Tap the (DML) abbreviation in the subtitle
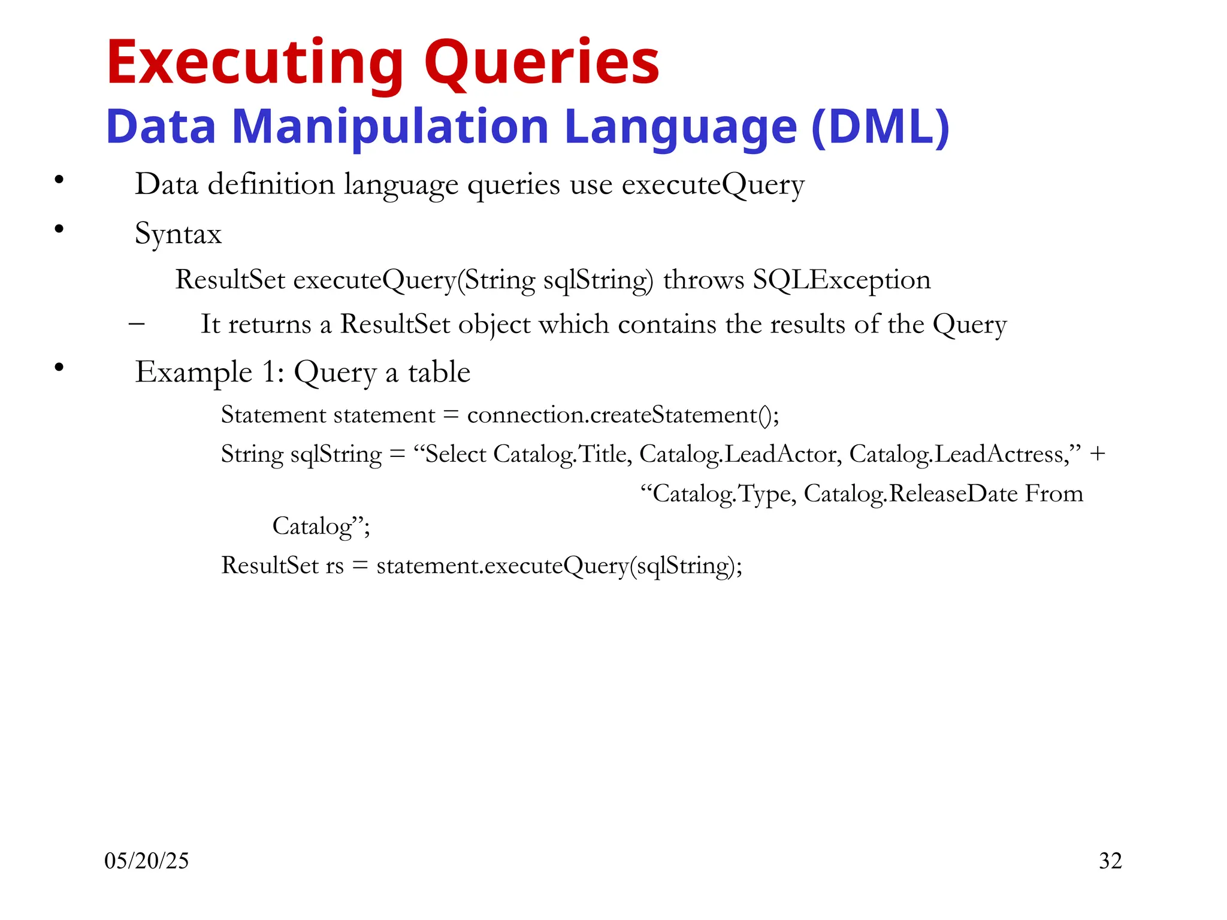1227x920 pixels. pyautogui.click(x=880, y=127)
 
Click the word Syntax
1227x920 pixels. pyautogui.click(x=178, y=234)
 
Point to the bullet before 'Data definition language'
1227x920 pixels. pyautogui.click(x=59, y=179)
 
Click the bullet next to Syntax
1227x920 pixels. pyautogui.click(x=59, y=228)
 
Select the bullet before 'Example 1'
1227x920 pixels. pyautogui.click(x=59, y=367)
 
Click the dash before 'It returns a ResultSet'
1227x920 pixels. pyautogui.click(x=137, y=324)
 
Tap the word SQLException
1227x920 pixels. pyautogui.click(x=842, y=280)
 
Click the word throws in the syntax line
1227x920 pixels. pyautogui.click(x=703, y=280)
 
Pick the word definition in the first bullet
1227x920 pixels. pyautogui.click(x=271, y=184)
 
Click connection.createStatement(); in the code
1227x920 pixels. pyautogui.click(x=623, y=415)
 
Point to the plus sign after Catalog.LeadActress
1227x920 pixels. pyautogui.click(x=1098, y=454)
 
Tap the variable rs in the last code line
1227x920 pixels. pyautogui.click(x=334, y=565)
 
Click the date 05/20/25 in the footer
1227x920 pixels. pyautogui.click(x=146, y=861)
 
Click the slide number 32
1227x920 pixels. pyautogui.click(x=1110, y=861)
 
